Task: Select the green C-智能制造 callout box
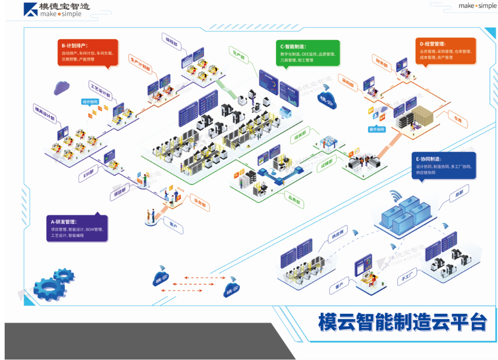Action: [x=307, y=52]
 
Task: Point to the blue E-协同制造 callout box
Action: [x=443, y=165]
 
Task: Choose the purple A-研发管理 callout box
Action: [x=77, y=228]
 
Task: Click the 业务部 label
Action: [x=200, y=203]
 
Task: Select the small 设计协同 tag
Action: [x=90, y=102]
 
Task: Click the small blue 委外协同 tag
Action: [x=377, y=129]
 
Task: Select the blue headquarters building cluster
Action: [x=405, y=213]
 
